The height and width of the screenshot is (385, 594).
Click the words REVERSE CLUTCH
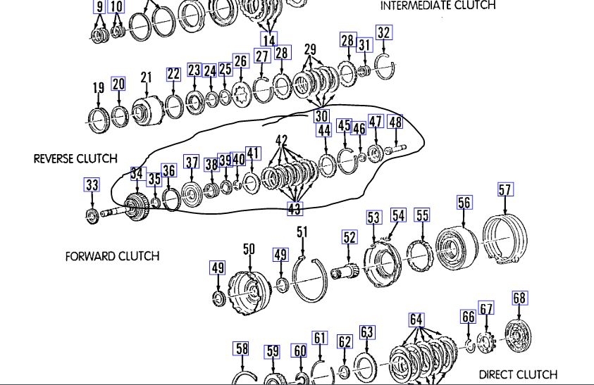point(75,158)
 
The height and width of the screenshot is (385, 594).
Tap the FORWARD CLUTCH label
point(112,256)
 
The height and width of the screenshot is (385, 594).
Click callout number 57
point(505,189)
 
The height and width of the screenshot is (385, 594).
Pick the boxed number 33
point(92,186)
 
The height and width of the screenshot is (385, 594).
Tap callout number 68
point(519,298)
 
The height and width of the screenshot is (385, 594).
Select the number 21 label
point(147,77)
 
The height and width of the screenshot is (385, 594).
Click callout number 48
point(395,122)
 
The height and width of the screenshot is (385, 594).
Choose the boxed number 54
point(399,215)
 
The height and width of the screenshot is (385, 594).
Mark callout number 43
point(295,208)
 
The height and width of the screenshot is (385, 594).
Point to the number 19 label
point(98,87)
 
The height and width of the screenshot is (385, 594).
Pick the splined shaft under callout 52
point(349,267)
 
